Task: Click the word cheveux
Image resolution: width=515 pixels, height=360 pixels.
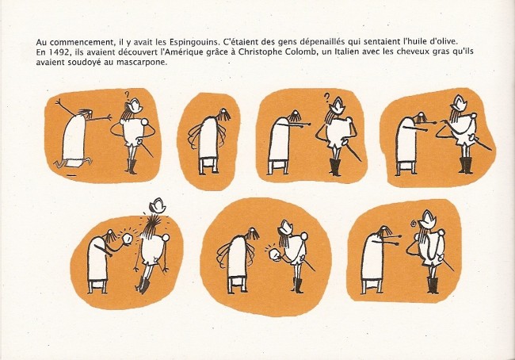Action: coord(411,52)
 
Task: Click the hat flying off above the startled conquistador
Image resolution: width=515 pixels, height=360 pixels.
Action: coord(158,205)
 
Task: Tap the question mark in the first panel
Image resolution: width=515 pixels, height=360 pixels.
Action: coord(127,95)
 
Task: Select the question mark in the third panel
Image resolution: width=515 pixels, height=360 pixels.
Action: coord(326,97)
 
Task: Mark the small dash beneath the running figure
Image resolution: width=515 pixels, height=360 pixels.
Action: coord(71,176)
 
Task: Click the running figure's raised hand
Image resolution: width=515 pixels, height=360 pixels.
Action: coord(59,102)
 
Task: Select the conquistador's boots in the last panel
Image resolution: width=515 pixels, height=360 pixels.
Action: coord(433,285)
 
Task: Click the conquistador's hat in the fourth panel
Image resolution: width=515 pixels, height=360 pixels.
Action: coord(460,103)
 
